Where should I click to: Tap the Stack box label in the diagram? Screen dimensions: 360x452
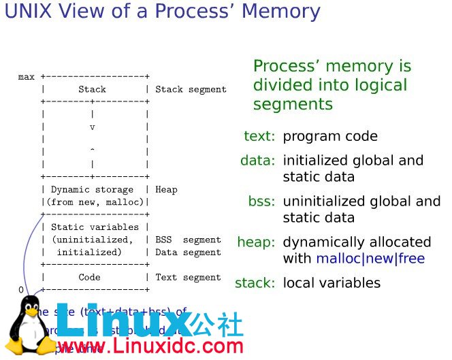coord(92,89)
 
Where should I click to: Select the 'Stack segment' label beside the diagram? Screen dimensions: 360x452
coord(191,89)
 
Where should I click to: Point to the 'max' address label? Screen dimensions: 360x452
coord(26,77)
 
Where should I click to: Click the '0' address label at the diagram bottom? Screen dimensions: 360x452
coord(20,290)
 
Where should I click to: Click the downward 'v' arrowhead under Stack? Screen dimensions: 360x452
coord(92,127)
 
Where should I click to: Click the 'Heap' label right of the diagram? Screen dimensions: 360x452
coord(166,189)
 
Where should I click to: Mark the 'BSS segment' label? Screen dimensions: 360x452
coord(188,240)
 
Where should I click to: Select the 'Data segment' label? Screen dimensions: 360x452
coord(188,252)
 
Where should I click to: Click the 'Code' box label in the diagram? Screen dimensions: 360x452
coord(89,277)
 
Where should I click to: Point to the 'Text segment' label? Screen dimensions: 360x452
coord(188,277)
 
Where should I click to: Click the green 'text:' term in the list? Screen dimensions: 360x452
coord(259,136)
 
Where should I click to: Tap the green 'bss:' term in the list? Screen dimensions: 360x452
coord(261,201)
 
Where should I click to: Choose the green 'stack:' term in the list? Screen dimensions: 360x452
coord(255,282)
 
